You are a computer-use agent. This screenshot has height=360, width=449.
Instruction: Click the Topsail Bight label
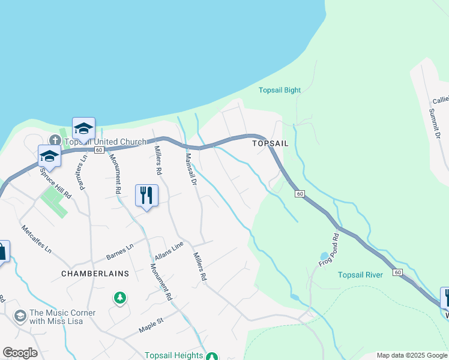279,91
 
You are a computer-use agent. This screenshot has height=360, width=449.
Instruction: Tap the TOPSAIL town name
270,144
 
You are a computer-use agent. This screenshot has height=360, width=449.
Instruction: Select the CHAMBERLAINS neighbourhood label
95,273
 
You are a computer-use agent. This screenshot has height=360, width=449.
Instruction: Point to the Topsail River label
360,275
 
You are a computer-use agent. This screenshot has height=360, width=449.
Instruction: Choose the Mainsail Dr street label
191,170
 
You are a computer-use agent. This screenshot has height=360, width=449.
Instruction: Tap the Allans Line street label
169,251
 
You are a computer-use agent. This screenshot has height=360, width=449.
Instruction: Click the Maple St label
151,324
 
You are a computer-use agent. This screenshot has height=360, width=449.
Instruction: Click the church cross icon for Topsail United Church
55,140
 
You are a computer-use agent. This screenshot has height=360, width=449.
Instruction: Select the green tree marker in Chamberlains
120,297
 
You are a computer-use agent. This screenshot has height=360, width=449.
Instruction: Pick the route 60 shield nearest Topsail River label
397,272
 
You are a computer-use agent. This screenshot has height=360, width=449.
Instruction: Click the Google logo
20,353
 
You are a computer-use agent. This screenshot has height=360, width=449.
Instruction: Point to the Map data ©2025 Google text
411,355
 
